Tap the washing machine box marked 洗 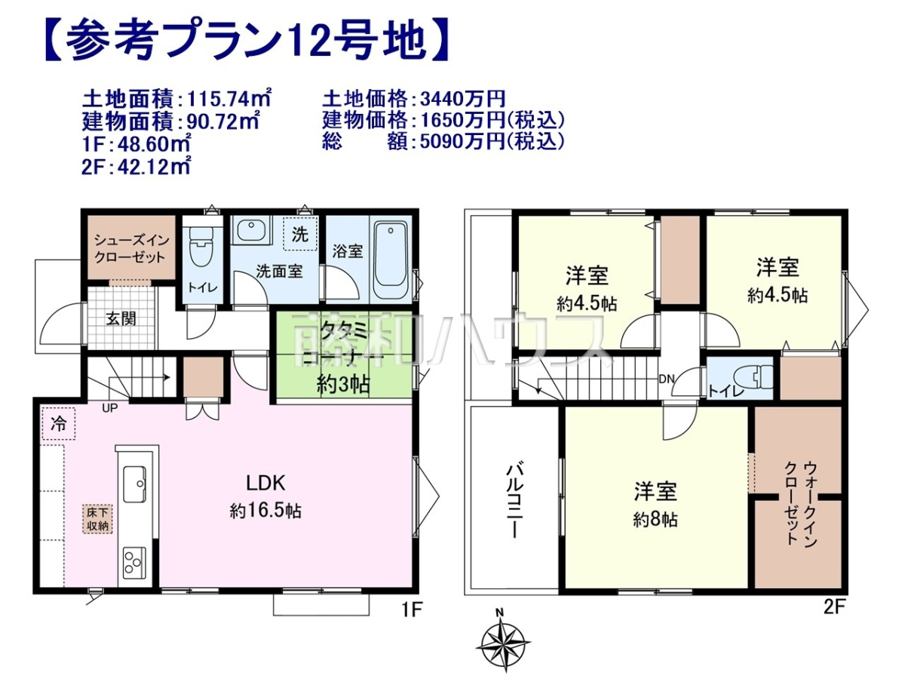click(x=300, y=234)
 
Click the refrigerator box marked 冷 click(x=58, y=424)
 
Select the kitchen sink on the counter click(x=134, y=484)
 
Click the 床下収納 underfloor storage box click(x=97, y=519)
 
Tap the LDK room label click(x=266, y=483)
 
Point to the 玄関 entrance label click(x=121, y=319)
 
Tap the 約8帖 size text click(x=655, y=520)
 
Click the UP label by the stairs click(x=109, y=408)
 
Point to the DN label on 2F click(x=666, y=379)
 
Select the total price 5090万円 click(x=462, y=142)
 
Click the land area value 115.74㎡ click(x=229, y=99)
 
